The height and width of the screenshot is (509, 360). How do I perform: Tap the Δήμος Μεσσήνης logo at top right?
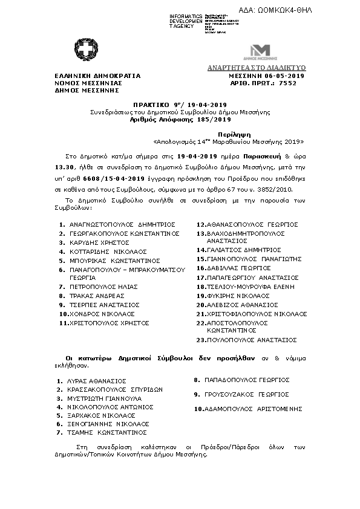click(x=261, y=51)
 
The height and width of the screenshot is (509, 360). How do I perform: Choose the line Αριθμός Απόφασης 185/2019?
click(x=179, y=120)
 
